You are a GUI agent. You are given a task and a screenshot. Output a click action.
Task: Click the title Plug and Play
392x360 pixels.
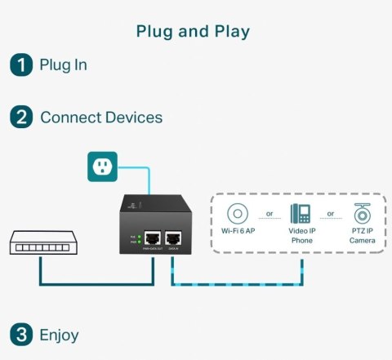pos(193,32)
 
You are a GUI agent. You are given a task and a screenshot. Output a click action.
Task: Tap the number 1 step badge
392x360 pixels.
pos(20,65)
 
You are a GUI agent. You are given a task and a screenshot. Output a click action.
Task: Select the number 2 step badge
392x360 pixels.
pos(20,118)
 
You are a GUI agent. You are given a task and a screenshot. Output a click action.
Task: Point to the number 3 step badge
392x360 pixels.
pos(20,334)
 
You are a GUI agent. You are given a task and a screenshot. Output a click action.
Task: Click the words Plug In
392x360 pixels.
pos(63,65)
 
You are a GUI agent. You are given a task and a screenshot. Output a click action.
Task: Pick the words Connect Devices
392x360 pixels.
pos(101,118)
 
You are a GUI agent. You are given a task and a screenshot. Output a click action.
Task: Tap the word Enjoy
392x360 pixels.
pos(59,334)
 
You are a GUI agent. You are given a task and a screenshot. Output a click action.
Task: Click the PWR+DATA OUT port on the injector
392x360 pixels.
pos(151,239)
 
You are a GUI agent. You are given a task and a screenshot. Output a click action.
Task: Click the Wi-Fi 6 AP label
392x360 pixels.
pos(238,232)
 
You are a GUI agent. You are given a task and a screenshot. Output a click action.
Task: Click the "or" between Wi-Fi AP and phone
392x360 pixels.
pos(269,215)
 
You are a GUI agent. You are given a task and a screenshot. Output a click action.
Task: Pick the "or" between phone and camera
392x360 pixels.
pos(330,215)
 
